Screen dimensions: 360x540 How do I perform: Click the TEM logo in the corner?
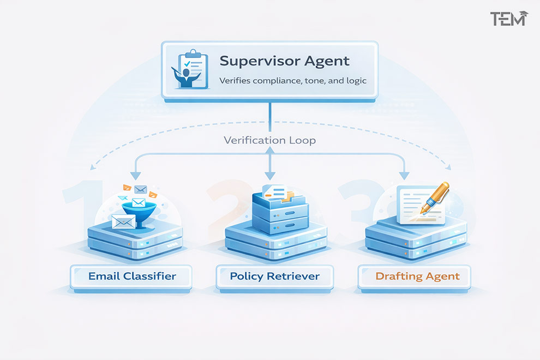tap(508, 19)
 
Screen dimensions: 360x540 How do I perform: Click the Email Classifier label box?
tap(132, 276)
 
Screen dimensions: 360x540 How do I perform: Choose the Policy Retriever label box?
tap(274, 276)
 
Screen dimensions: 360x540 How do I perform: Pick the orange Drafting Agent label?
tap(417, 276)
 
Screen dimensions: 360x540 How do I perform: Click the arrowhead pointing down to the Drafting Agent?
tap(404, 175)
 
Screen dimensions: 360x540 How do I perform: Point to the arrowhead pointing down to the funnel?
tap(135, 175)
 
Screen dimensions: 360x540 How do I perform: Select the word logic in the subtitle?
tap(354, 81)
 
